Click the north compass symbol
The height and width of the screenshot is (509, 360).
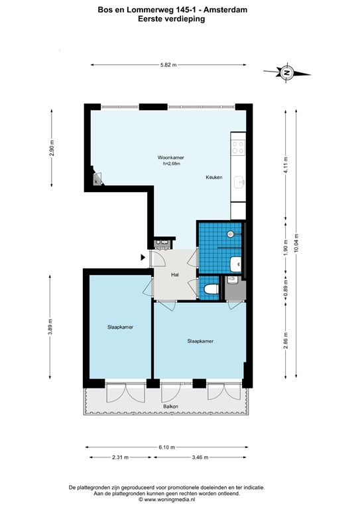pyautogui.click(x=286, y=72)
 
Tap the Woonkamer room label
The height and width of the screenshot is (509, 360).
pyautogui.click(x=170, y=157)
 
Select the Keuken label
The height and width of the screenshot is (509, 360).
pyautogui.click(x=213, y=178)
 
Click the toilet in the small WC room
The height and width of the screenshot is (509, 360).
pyautogui.click(x=210, y=288)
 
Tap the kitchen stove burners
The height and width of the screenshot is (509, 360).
pyautogui.click(x=237, y=146)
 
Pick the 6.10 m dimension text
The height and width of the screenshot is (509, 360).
pyautogui.click(x=167, y=447)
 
